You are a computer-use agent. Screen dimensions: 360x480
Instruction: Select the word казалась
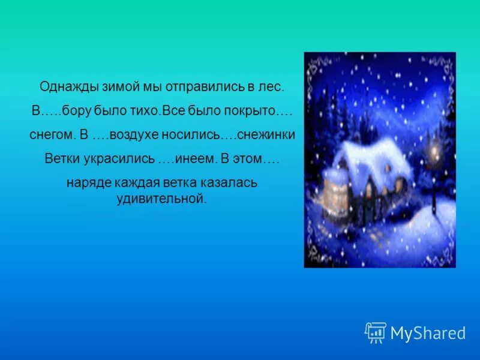(x=232, y=182)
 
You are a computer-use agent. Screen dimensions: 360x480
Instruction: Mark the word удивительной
(x=161, y=199)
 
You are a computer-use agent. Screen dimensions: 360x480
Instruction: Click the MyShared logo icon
(x=376, y=332)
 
